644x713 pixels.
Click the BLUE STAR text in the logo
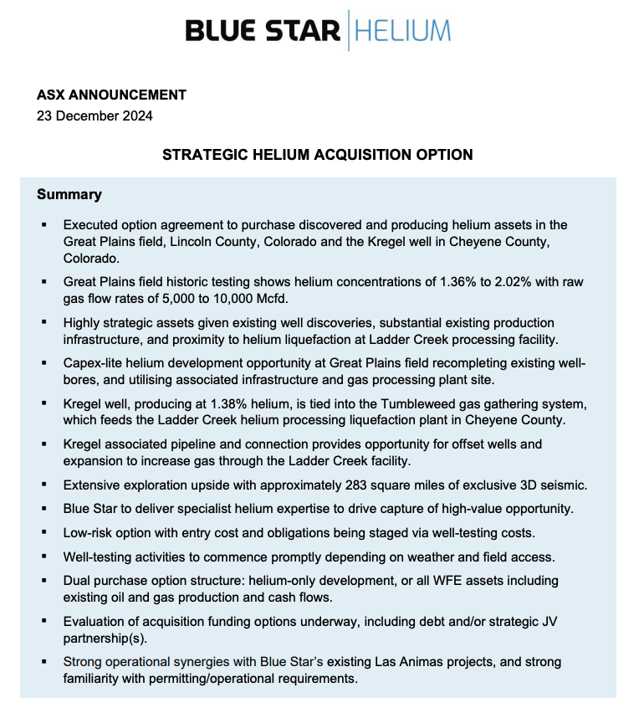coord(263,31)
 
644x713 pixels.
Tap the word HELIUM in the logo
coord(402,31)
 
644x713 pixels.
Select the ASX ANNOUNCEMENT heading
coord(111,95)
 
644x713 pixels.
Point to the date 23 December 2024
coord(95,116)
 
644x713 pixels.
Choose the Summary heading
coord(69,195)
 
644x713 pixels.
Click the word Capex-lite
coord(94,363)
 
